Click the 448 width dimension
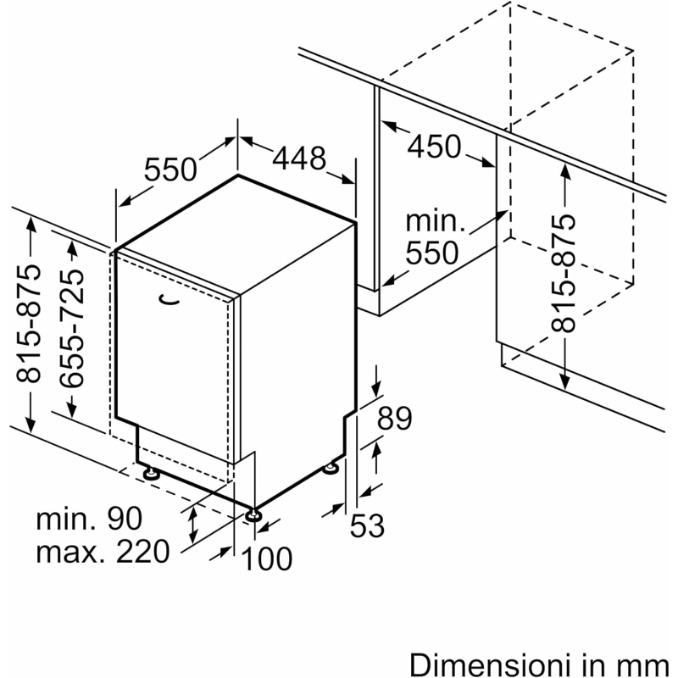coord(299,158)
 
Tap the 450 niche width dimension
coord(434,146)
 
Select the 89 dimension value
coord(395,418)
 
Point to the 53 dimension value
coord(367,525)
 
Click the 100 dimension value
coord(267,559)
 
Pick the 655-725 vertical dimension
coord(72,328)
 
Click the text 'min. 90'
coord(89,519)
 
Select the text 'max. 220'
coord(103,552)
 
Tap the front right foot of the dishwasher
coord(253,515)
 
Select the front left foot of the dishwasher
coord(152,473)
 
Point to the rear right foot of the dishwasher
coord(331,469)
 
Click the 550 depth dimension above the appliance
coord(170,169)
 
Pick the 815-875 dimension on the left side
coord(29,324)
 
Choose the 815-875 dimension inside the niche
coord(564,273)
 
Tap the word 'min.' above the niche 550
coord(436,221)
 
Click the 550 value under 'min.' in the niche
coord(432,253)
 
